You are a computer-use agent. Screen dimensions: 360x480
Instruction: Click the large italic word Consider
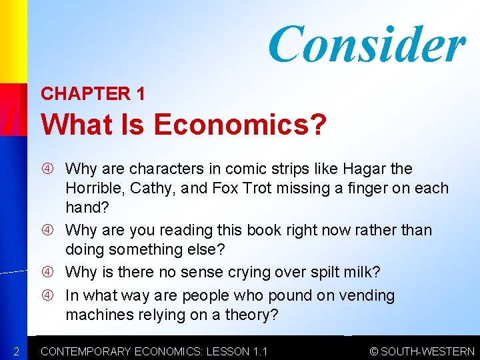[366, 44]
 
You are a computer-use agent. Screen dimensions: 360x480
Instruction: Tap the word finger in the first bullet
[373, 188]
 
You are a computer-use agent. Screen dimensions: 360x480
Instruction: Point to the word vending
[364, 295]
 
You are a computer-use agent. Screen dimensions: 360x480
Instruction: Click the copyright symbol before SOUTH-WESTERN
[374, 351]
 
